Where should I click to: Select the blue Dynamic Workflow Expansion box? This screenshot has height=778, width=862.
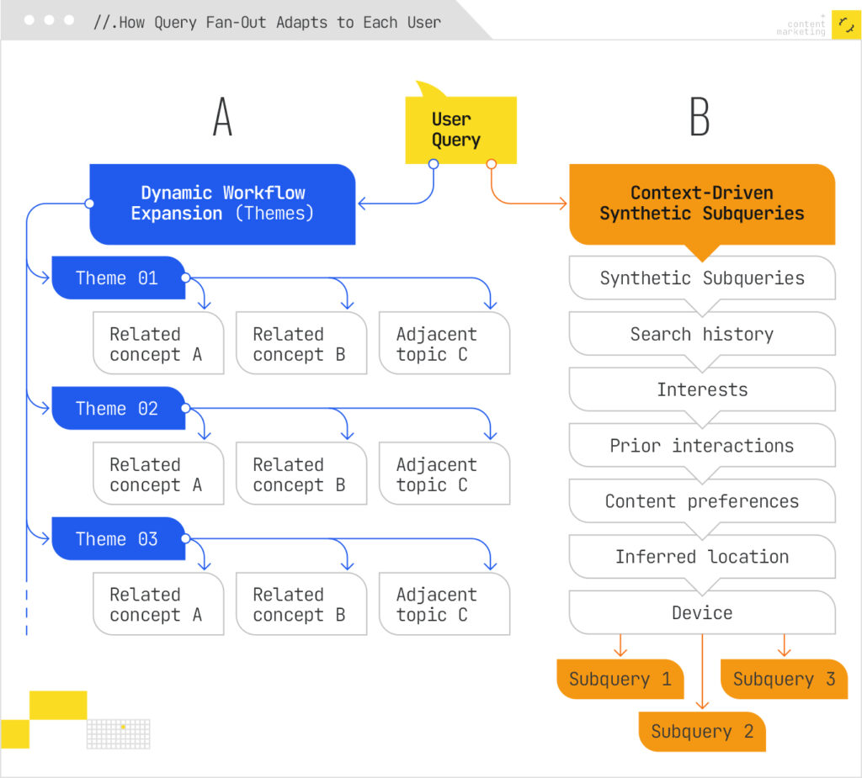click(222, 204)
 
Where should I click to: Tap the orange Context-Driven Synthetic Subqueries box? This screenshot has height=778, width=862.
click(701, 204)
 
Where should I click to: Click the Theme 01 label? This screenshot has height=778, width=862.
click(117, 278)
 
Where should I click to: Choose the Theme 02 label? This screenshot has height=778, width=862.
click(117, 409)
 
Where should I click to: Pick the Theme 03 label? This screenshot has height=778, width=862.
click(117, 539)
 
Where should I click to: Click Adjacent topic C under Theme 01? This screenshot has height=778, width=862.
click(444, 344)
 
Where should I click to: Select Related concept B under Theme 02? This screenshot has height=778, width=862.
click(301, 474)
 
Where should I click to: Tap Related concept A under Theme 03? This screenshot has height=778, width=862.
click(157, 605)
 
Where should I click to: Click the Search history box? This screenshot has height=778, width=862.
click(701, 334)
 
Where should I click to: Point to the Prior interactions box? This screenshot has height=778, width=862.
click(701, 446)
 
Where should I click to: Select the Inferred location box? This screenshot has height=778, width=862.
click(701, 557)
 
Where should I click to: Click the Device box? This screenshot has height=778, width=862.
click(701, 612)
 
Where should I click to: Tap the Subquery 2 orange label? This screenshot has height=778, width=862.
click(701, 732)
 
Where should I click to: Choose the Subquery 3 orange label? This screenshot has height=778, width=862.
click(784, 680)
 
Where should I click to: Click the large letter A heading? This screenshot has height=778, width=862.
click(222, 117)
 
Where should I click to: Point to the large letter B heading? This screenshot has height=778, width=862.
click(700, 117)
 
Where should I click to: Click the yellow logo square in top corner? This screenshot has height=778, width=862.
click(845, 25)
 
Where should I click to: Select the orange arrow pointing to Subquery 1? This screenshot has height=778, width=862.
click(620, 646)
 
